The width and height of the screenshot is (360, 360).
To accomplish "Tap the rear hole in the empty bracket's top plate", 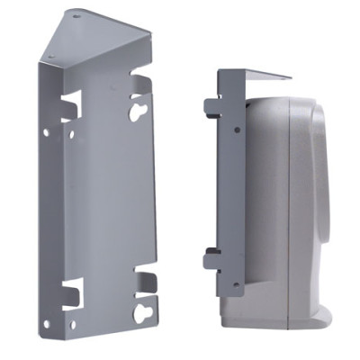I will [x=75, y=15].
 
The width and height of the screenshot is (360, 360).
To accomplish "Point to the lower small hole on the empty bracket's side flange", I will [x=48, y=321].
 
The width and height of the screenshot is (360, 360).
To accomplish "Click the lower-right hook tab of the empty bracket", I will [x=144, y=274].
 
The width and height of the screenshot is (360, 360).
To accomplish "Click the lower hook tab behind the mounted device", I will [x=212, y=260].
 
